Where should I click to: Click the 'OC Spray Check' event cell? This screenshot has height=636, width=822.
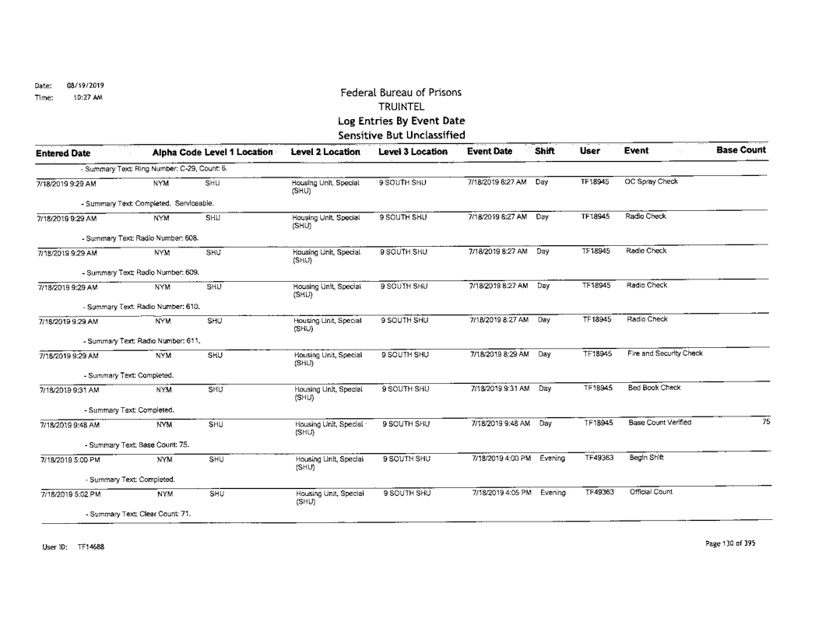click(654, 182)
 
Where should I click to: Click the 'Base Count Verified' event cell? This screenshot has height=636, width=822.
click(661, 423)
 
